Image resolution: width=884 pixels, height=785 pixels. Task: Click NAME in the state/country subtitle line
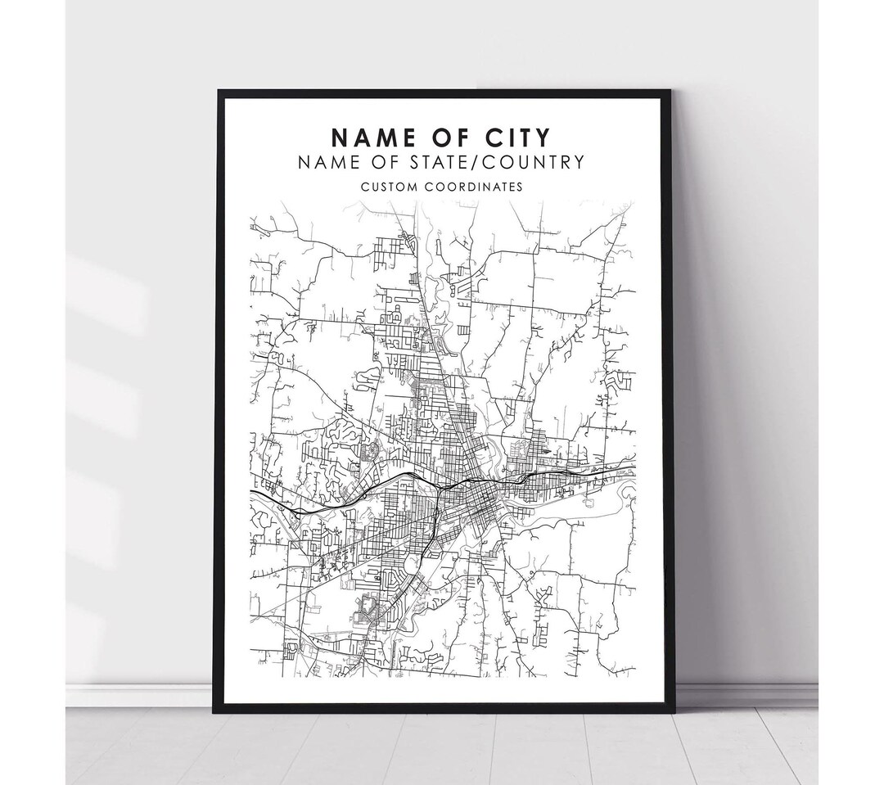(x=327, y=162)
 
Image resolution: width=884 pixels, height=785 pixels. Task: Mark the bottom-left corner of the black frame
(x=215, y=711)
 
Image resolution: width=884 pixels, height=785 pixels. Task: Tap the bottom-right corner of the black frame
(x=674, y=711)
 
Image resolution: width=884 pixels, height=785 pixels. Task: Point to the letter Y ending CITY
(x=543, y=137)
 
